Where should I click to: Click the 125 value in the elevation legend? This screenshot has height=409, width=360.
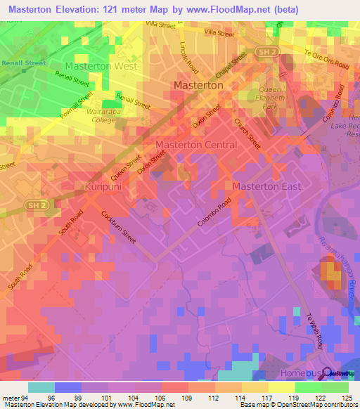(x=344, y=397)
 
